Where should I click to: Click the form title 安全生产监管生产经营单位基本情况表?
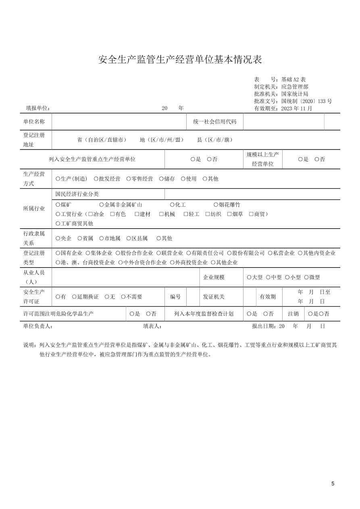(180, 60)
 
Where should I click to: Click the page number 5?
(333, 484)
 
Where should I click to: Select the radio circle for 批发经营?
(96, 179)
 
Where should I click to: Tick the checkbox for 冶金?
(90, 214)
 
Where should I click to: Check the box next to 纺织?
(208, 214)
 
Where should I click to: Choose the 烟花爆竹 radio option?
(216, 205)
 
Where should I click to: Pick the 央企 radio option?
(58, 238)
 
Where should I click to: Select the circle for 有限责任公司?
(188, 253)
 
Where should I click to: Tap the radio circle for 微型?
(306, 277)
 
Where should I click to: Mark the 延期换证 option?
(75, 297)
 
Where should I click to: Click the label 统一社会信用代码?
(214, 122)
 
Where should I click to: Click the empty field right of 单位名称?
(119, 122)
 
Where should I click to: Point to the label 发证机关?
(214, 297)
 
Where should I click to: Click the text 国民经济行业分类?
(77, 194)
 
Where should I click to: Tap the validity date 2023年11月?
(297, 108)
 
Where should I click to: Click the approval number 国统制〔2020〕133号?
(306, 101)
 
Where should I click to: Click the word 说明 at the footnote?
(30, 345)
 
